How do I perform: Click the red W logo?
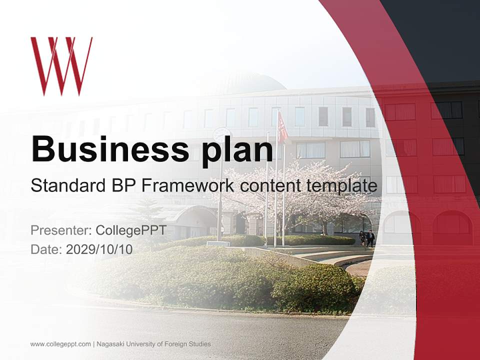[61, 65]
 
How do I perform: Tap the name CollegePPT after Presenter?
[131, 230]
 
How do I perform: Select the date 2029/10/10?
[99, 249]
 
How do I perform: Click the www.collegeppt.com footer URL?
[60, 344]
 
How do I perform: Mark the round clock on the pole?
[221, 134]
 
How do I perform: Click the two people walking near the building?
[366, 237]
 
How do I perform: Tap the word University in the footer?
[141, 344]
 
